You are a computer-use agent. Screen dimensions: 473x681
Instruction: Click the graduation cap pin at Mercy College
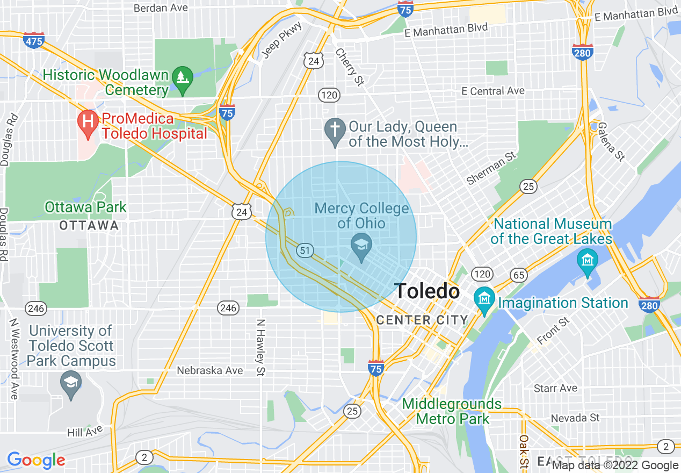click(x=361, y=247)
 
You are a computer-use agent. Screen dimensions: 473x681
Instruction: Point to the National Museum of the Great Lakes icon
click(x=588, y=261)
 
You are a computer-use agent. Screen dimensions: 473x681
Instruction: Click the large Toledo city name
click(x=427, y=291)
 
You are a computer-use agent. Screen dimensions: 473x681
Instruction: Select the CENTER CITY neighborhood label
click(x=422, y=320)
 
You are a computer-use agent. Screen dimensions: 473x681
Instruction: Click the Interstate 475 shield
click(x=34, y=40)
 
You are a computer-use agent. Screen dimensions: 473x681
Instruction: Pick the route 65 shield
click(x=519, y=275)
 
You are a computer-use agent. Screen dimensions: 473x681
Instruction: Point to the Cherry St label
click(x=350, y=67)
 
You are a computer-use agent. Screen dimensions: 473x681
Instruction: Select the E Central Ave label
click(x=493, y=91)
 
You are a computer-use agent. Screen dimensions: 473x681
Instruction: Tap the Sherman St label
click(x=491, y=168)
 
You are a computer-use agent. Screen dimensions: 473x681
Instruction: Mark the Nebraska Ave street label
click(x=210, y=370)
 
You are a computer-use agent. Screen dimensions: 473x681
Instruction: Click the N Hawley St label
click(x=261, y=347)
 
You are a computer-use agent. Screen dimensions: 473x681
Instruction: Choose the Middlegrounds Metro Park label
click(x=452, y=411)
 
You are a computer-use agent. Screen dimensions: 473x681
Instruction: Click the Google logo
click(x=36, y=460)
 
